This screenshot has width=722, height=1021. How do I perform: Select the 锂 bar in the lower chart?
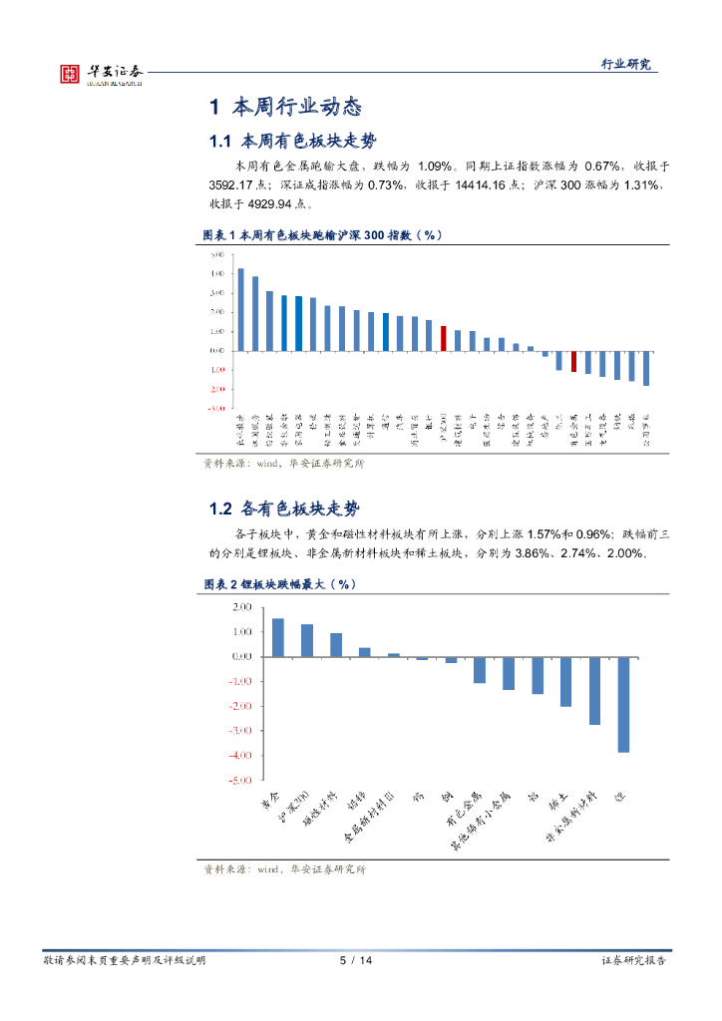coord(623,704)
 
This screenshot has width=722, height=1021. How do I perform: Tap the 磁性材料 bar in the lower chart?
coord(336,644)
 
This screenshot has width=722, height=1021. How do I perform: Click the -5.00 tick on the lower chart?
coord(240,781)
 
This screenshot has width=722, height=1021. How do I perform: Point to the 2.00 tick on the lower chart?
coord(240,606)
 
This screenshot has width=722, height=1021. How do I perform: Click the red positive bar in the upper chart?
coord(444,338)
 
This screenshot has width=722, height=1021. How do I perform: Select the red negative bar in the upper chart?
coord(573,361)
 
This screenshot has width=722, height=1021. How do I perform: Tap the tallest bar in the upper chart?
coord(240,309)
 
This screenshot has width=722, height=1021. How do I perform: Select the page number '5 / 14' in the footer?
coord(356,960)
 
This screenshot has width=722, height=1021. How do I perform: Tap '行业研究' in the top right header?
coord(625,64)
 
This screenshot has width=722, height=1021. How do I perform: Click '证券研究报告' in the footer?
coord(633,960)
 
